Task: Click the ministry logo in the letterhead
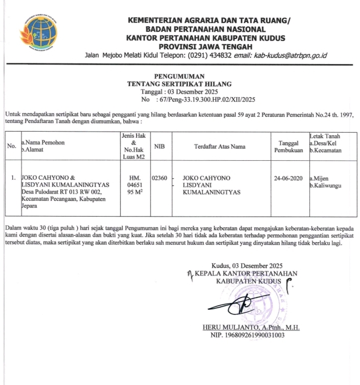tap(38, 33)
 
